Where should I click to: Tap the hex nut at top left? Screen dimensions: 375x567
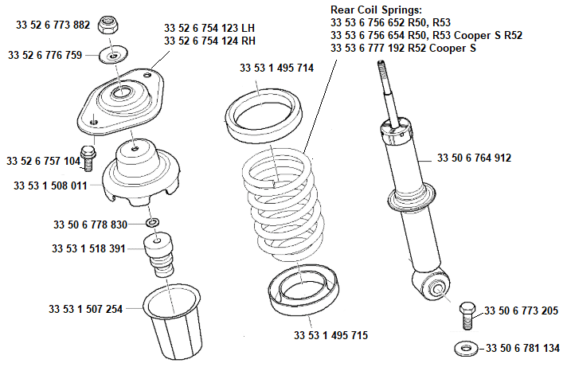[x=109, y=24]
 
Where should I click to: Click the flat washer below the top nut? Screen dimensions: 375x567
[x=112, y=56]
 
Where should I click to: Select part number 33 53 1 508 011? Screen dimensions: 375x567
[x=51, y=186]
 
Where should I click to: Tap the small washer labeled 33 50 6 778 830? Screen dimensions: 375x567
[x=153, y=221]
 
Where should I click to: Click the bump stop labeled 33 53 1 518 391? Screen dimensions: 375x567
[x=160, y=255]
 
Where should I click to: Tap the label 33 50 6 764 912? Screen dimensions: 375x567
[x=474, y=158]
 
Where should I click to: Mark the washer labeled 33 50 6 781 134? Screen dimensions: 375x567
[x=464, y=349]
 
